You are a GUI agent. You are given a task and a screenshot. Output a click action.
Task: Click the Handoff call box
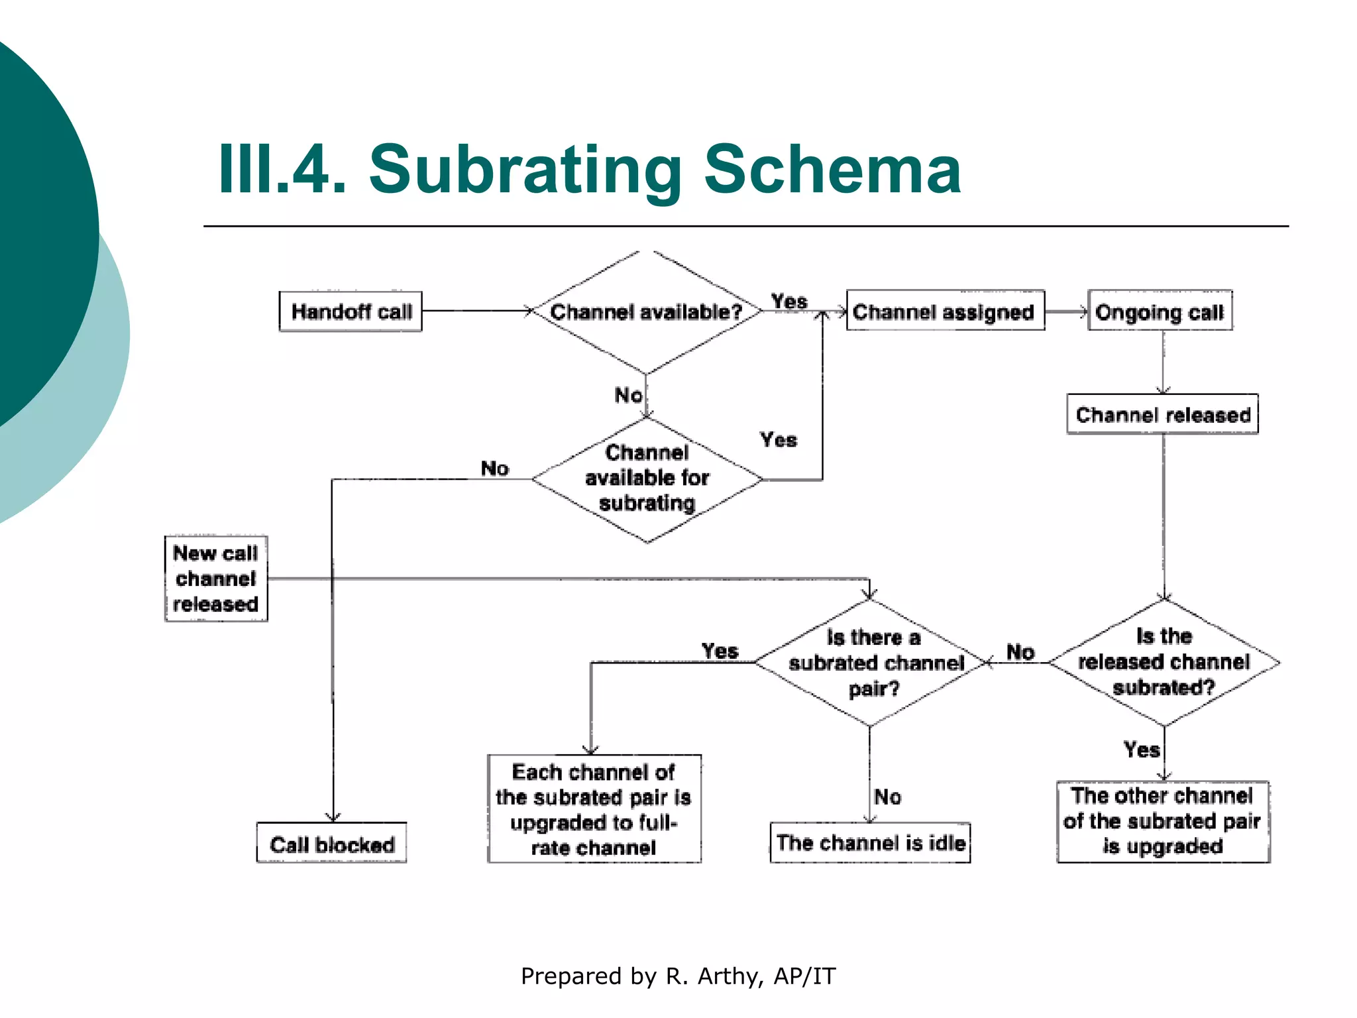351,311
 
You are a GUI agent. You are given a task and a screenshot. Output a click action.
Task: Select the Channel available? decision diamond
646,311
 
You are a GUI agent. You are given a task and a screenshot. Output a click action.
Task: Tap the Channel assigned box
945,311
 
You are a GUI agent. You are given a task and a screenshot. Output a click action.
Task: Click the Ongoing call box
1160,311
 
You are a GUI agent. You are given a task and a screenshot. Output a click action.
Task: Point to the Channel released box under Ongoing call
1162,415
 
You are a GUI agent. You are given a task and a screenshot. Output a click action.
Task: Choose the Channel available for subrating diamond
647,479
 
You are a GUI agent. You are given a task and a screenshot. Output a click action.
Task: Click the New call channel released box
216,579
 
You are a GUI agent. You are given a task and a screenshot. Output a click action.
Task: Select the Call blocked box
331,844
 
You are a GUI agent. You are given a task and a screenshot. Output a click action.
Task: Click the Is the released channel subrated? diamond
1164,662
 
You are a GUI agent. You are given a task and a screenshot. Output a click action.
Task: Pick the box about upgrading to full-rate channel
594,809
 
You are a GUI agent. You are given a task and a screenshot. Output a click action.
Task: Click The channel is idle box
870,843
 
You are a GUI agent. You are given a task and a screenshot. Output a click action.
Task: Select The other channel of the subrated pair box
1163,821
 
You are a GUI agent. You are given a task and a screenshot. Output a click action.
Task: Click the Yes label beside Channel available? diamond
789,302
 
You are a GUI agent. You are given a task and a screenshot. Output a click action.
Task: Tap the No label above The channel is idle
887,796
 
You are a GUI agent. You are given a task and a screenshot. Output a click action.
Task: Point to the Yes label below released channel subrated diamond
1141,750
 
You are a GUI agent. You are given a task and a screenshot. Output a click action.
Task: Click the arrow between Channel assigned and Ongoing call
1066,311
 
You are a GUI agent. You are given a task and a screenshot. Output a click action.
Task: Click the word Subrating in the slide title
525,170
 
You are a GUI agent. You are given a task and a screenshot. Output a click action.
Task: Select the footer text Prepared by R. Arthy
677,976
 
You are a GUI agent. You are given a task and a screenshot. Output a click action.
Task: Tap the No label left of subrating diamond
494,469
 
